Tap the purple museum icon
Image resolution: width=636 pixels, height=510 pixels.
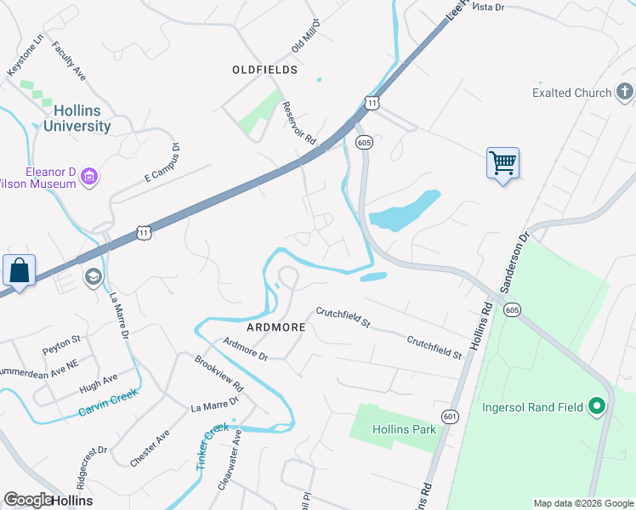coord(89,176)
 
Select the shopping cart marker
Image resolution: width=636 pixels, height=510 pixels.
coord(503,162)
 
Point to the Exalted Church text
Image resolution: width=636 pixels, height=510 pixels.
coord(571,93)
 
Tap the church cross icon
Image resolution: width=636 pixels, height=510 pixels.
coord(625,92)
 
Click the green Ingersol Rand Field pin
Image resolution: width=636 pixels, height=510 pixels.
coord(597,407)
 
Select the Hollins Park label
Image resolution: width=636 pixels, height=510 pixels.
coord(404,429)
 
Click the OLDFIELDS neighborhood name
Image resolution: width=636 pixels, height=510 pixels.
coord(265,70)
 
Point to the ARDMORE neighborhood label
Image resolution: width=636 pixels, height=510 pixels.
coord(275,326)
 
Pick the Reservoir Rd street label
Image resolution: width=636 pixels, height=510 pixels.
coord(298,123)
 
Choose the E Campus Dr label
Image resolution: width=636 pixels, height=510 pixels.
coord(162,162)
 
